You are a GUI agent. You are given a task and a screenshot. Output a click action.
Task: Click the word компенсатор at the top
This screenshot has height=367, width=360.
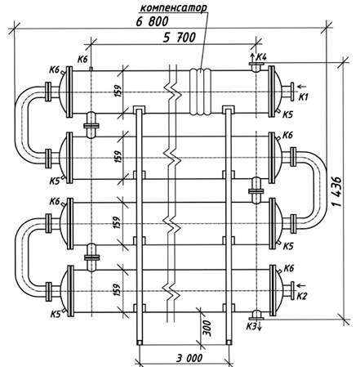coord(173,8)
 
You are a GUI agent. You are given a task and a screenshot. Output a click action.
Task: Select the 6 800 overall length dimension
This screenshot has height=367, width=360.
coord(153,21)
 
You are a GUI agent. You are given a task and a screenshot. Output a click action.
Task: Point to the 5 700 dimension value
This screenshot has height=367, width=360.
coord(180,38)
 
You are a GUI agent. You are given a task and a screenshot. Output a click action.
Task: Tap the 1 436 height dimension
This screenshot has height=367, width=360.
coord(337,191)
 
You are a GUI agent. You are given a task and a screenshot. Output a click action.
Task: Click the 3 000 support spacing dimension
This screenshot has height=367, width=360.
coord(189,358)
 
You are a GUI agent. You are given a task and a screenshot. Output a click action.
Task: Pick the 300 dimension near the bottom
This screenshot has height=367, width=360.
coord(207,329)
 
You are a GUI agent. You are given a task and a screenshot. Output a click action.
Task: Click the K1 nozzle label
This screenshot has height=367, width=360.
coord(304,96)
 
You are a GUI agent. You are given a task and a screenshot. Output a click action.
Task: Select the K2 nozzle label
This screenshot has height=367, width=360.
coord(301,296)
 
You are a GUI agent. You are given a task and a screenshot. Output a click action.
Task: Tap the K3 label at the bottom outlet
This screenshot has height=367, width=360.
coord(251,326)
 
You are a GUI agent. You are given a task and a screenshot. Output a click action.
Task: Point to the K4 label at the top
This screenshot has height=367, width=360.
coord(262,57)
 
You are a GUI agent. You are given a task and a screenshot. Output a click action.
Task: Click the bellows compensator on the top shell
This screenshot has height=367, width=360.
coord(200,92)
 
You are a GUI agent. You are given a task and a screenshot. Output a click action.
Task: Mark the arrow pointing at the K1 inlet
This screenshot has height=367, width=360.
coord(302,87)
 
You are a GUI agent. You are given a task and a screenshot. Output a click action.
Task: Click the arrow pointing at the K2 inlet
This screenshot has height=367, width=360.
coord(301,285)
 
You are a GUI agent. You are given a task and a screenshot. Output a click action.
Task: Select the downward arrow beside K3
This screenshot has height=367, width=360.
coord(260,326)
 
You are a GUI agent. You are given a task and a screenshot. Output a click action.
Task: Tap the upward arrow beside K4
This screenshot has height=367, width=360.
coord(252,57)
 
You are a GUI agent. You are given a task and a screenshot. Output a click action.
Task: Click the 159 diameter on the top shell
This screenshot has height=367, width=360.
coord(118,92)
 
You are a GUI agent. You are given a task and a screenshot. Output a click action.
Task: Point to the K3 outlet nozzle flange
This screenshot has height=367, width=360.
coord(256,318)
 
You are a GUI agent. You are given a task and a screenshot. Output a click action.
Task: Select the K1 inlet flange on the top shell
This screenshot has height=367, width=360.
coord(292,92)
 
